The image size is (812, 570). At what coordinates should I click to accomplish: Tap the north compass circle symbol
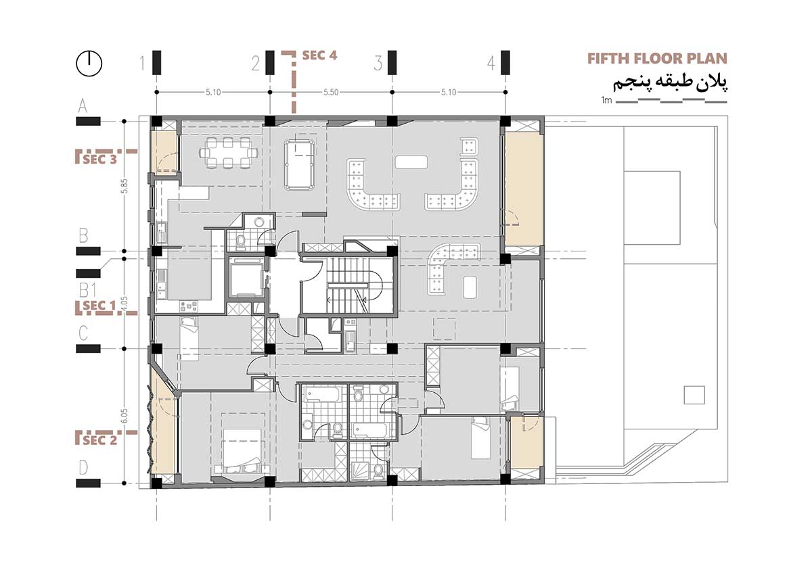89,64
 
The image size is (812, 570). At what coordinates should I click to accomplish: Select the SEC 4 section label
319,55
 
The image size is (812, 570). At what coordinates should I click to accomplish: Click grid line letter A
83,105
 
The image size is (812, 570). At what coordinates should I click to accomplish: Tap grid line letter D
83,467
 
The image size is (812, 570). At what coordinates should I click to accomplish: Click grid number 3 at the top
378,64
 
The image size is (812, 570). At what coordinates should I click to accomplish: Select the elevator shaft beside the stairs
245,277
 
